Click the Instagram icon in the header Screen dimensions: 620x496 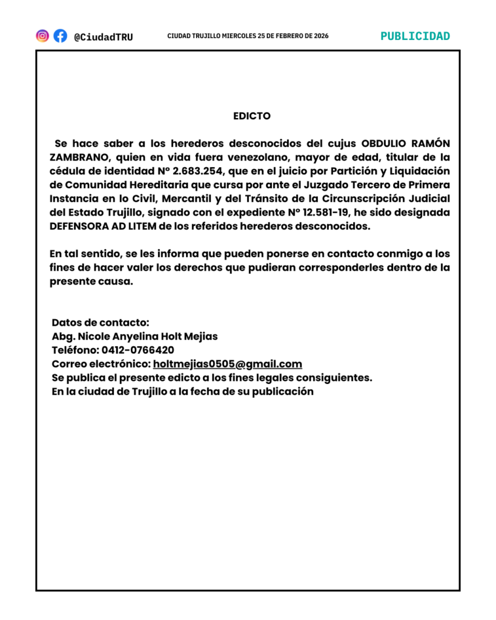(x=42, y=36)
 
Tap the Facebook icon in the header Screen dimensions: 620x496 (x=60, y=36)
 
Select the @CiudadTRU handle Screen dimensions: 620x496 (x=103, y=37)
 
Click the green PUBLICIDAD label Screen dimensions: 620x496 (x=415, y=36)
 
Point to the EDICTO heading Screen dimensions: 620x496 (x=252, y=116)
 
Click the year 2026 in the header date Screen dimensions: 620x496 (x=321, y=36)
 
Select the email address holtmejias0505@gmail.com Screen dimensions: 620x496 (x=227, y=364)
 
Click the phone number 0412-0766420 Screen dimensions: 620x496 (x=138, y=350)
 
